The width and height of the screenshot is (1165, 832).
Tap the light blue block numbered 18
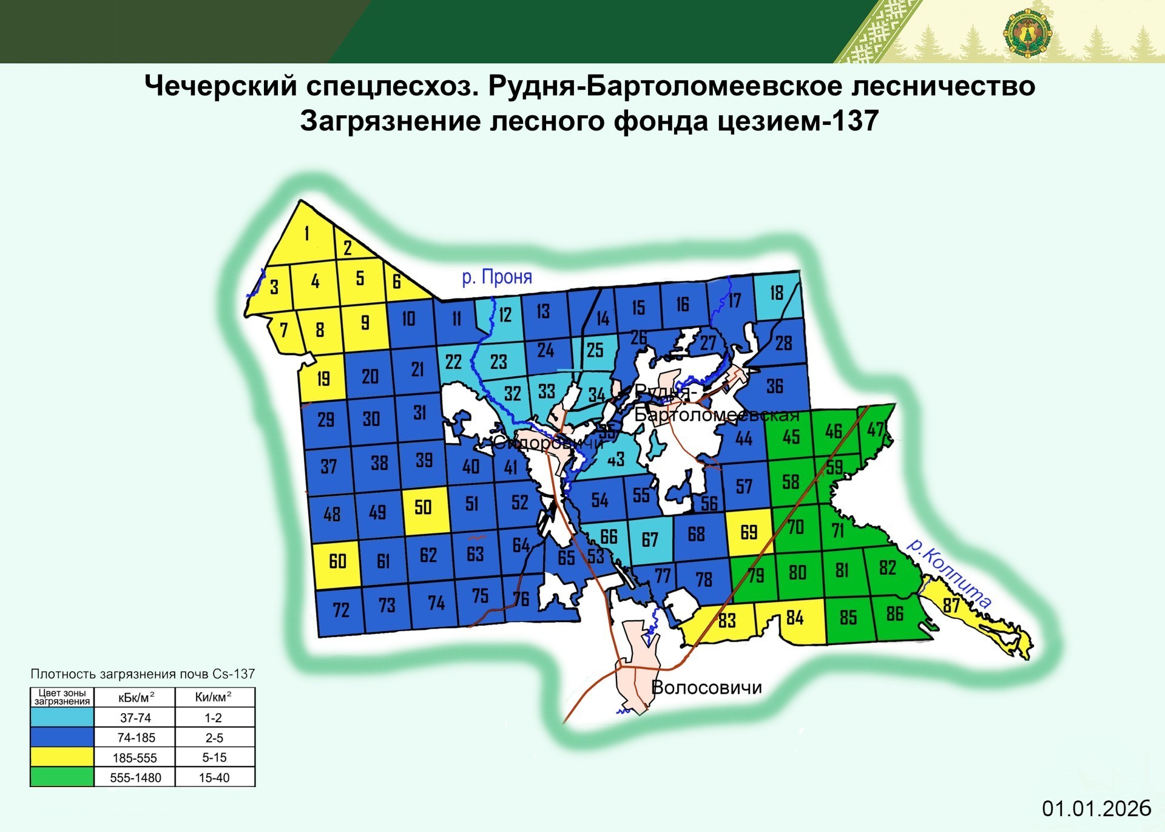click(777, 294)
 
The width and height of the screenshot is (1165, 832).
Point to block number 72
click(341, 610)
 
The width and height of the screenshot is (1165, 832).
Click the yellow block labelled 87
click(951, 605)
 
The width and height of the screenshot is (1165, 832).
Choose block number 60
click(337, 561)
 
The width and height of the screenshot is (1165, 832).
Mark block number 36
click(775, 387)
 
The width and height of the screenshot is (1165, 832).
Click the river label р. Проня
click(497, 277)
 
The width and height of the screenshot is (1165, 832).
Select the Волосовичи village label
click(706, 688)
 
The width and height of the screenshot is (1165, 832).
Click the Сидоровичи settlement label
click(547, 443)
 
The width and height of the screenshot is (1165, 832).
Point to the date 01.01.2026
click(1096, 808)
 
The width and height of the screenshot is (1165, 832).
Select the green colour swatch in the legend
click(62, 777)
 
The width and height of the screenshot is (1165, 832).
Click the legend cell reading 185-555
click(135, 758)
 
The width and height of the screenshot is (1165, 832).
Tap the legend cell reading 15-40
click(214, 778)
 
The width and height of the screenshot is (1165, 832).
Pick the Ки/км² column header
click(214, 697)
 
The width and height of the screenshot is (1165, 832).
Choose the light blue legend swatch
click(62, 718)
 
